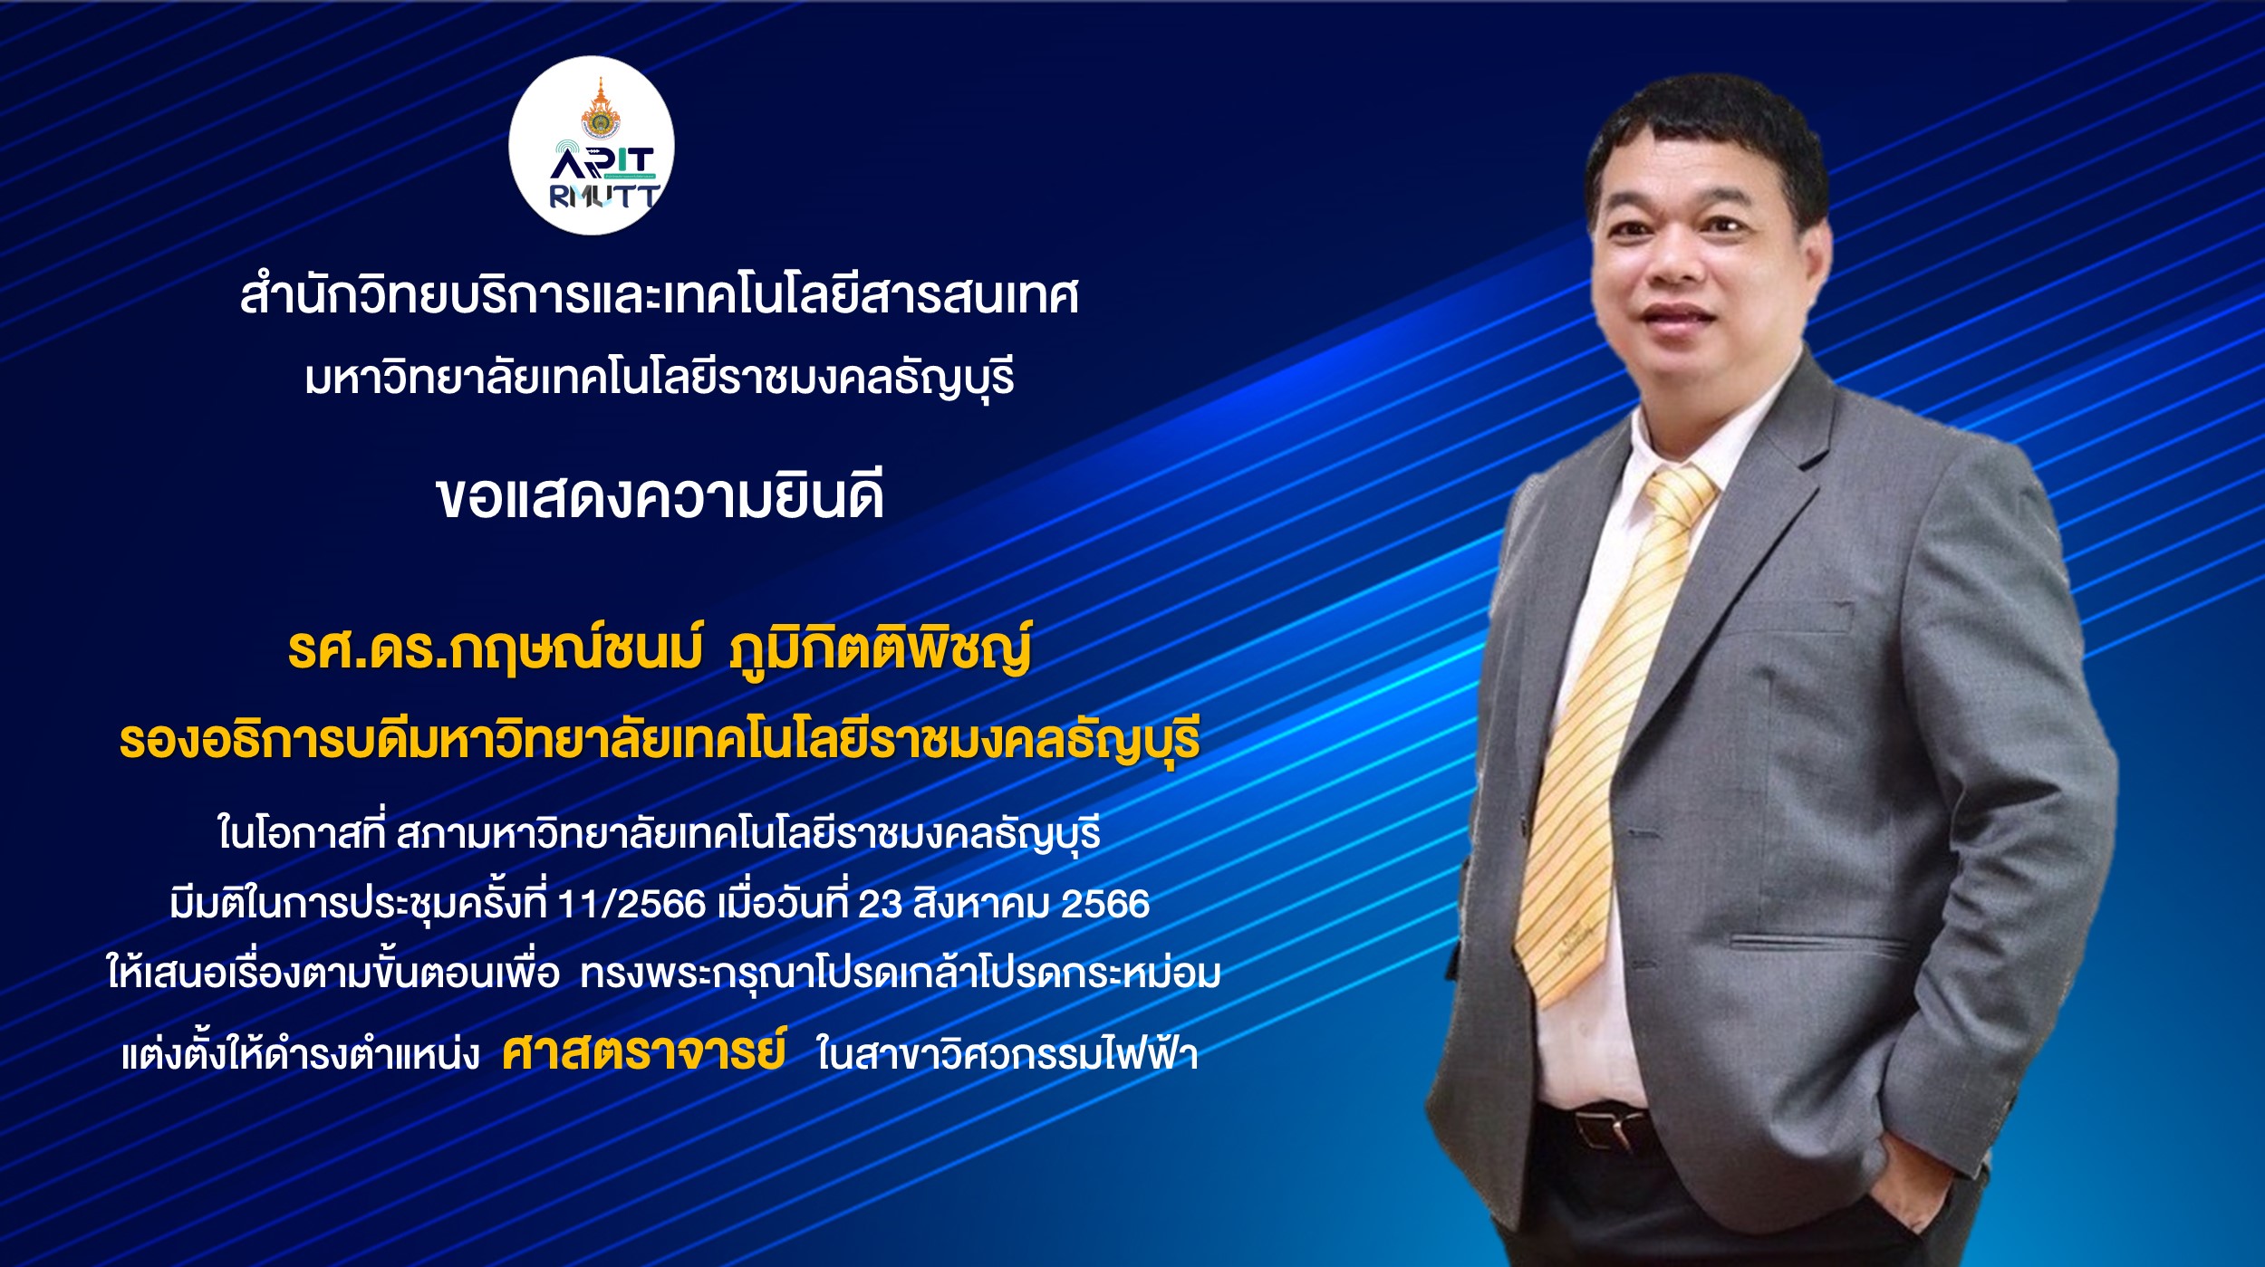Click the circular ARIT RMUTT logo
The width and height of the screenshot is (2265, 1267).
tap(591, 145)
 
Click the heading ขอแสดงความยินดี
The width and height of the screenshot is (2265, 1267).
tap(660, 495)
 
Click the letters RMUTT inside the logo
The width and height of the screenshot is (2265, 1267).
tap(604, 197)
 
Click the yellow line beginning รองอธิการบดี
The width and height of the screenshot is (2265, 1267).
tap(660, 740)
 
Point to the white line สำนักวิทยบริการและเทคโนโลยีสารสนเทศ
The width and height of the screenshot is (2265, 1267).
tap(660, 296)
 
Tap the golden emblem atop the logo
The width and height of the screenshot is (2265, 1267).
tap(600, 109)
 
